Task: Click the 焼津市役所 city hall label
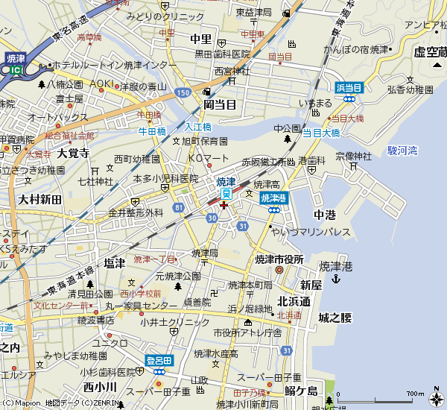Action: (x=279, y=259)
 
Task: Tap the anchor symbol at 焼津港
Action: (x=336, y=279)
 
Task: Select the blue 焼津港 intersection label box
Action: (x=273, y=198)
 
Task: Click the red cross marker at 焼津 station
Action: (x=223, y=204)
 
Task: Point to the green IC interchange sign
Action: (x=16, y=69)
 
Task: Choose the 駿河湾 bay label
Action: (x=402, y=150)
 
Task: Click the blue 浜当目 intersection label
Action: (x=348, y=88)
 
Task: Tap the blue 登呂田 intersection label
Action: (x=159, y=361)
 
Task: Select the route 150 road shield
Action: (x=183, y=92)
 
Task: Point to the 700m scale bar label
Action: (x=415, y=394)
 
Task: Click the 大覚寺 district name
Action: (x=73, y=154)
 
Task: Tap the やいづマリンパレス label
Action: (x=311, y=232)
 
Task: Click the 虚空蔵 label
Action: (x=429, y=52)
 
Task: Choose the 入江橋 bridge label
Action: (x=198, y=127)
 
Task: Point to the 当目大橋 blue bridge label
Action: (x=321, y=133)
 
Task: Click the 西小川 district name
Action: (x=99, y=386)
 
